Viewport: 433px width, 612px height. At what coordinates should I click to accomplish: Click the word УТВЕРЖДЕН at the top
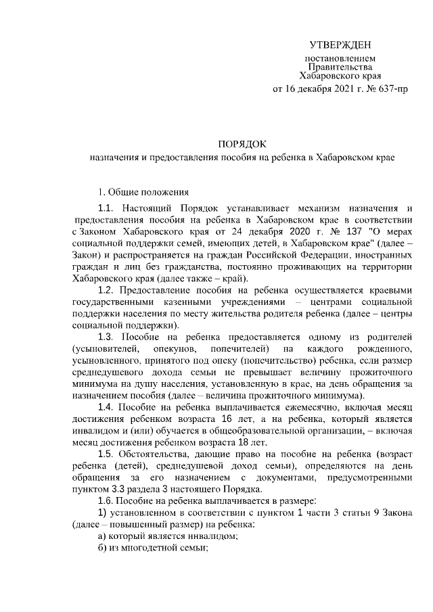340,45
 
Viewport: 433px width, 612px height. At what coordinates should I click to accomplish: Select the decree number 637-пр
394,89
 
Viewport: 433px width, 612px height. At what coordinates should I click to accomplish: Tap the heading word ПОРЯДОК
243,144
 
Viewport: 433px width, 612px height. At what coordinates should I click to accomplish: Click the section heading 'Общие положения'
143,192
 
